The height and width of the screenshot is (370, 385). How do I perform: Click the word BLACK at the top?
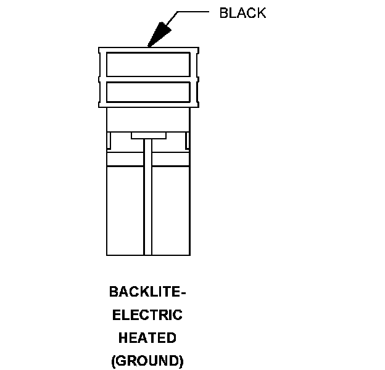click(x=242, y=14)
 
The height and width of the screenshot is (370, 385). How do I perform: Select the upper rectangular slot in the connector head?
click(x=148, y=64)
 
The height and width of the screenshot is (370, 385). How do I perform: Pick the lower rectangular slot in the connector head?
click(x=148, y=92)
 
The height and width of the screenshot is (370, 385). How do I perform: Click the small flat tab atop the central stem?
click(x=148, y=135)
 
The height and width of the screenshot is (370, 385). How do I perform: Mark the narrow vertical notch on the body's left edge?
click(x=109, y=140)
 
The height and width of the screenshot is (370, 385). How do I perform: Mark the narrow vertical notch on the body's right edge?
click(x=188, y=140)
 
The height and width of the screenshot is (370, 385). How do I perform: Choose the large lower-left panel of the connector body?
click(x=125, y=210)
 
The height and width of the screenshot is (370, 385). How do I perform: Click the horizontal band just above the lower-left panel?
click(x=125, y=160)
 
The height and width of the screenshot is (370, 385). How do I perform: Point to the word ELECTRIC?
click(x=147, y=315)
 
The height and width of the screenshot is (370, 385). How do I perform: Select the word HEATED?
click(x=147, y=338)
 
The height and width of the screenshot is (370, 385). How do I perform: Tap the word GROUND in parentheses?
click(x=147, y=361)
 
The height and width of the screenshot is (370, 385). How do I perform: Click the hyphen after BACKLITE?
click(x=183, y=292)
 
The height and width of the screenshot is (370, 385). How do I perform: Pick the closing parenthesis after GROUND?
click(x=181, y=361)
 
